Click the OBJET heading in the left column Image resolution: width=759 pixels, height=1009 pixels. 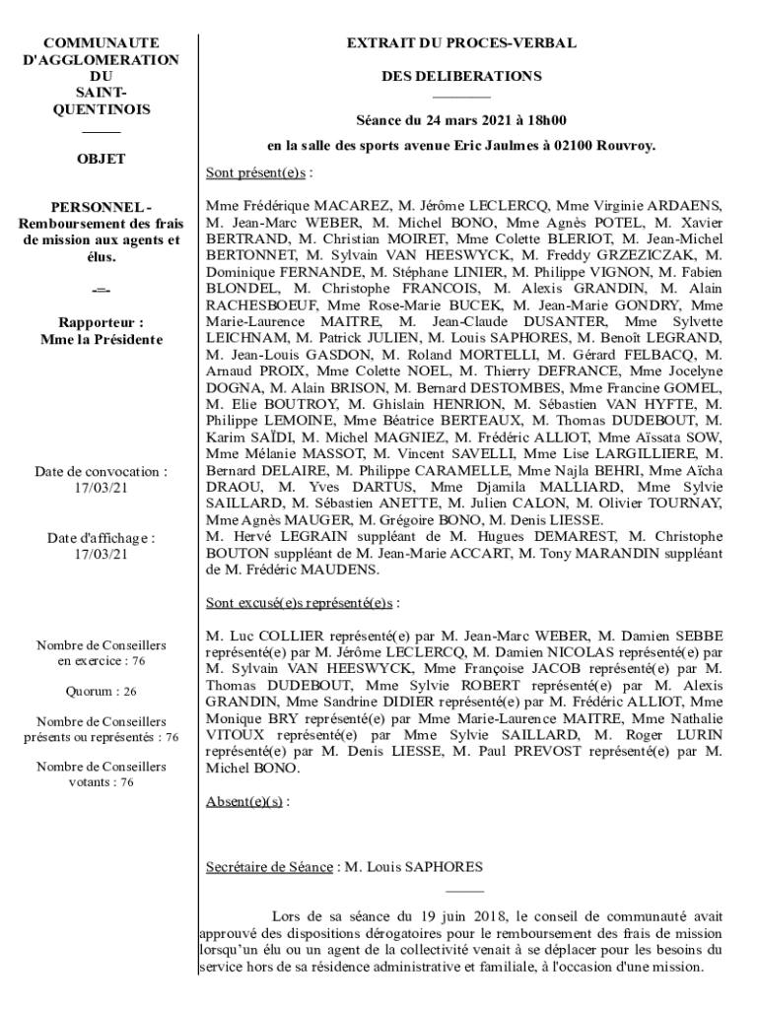click(x=101, y=158)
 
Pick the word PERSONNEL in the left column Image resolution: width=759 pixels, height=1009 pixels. click(x=98, y=207)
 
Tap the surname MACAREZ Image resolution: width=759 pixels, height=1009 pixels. click(x=352, y=207)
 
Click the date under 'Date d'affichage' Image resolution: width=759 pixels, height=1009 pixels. click(x=101, y=554)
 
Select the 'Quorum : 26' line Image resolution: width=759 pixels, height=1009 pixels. click(x=101, y=692)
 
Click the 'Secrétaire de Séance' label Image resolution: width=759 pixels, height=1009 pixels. click(x=269, y=867)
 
